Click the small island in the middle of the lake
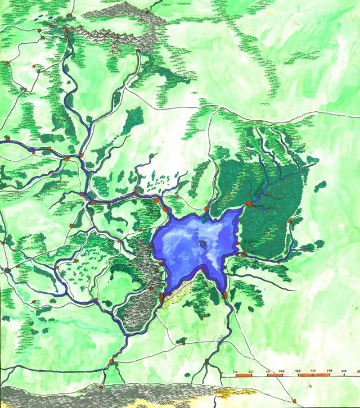202,244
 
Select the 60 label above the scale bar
250,371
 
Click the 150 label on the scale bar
298,371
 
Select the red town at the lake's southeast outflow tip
225,294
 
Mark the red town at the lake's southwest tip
162,297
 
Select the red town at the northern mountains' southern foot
138,51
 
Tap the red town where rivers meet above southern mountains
111,361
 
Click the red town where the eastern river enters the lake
244,254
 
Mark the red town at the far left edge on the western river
7,137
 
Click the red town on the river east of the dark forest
290,221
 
